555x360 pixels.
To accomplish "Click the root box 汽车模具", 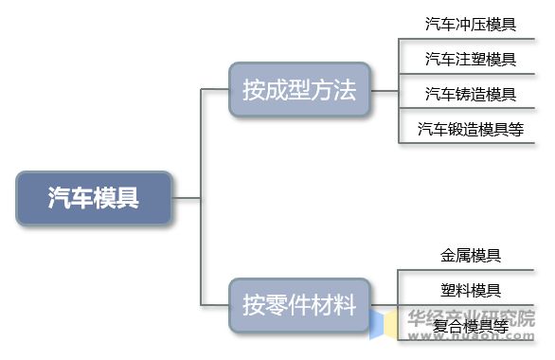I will point(94,198).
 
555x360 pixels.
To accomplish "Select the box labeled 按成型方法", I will point(298,90).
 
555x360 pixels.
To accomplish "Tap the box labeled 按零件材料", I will point(298,305).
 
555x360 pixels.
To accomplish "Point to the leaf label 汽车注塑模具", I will point(471,59).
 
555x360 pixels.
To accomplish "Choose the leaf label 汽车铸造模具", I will point(471,94).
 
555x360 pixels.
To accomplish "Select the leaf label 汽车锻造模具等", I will point(471,129).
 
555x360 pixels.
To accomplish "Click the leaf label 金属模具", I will point(471,256).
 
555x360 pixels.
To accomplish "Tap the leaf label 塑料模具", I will point(471,290).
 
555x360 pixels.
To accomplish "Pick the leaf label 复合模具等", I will point(471,326).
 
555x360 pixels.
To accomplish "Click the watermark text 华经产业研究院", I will point(471,317).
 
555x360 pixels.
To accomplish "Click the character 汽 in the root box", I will point(60,198).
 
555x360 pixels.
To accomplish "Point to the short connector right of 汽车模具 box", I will point(187,198).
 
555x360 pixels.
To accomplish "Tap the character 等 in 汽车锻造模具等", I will point(516,129).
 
